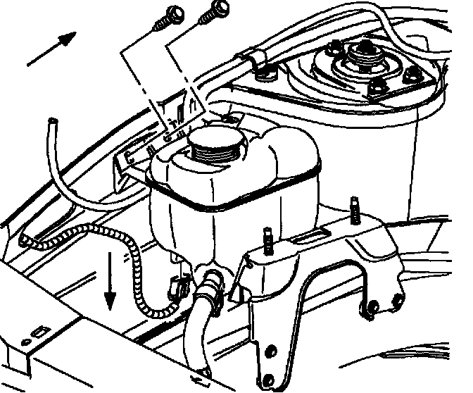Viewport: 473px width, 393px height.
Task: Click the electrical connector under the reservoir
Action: [x=179, y=285]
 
